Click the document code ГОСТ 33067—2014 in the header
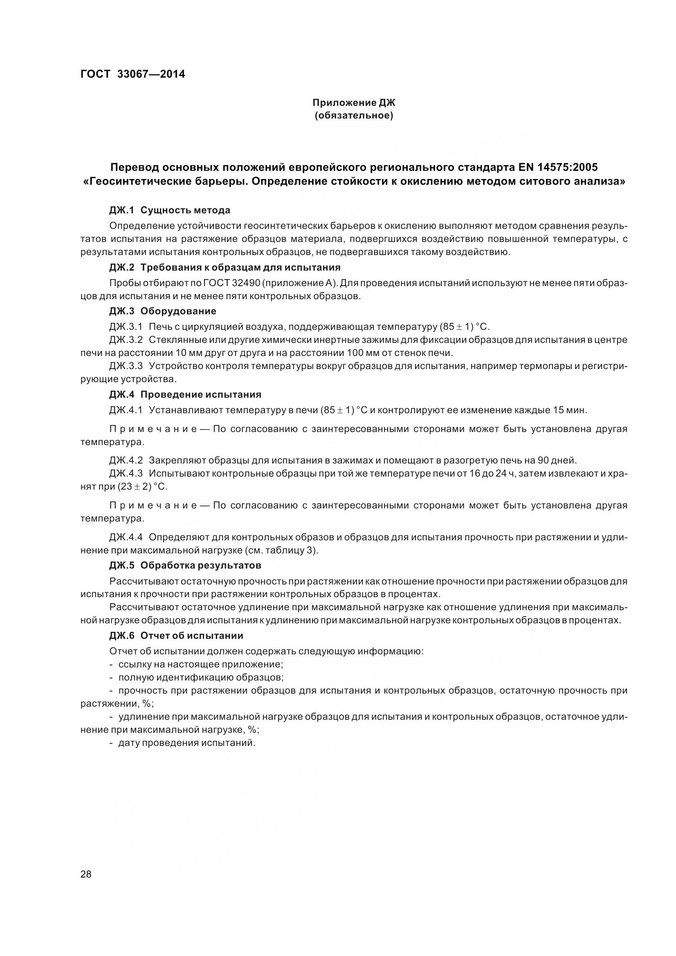coord(133,74)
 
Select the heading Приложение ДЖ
coord(354,102)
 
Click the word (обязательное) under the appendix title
coord(354,115)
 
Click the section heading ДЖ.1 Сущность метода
coord(170,210)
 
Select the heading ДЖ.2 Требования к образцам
coord(225,267)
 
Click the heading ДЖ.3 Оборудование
coord(162,311)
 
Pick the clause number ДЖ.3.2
coord(126,340)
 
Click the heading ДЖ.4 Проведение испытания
coord(185,394)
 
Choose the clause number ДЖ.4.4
coord(126,537)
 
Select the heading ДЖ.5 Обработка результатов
coord(185,565)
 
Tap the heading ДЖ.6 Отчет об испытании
coord(176,636)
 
